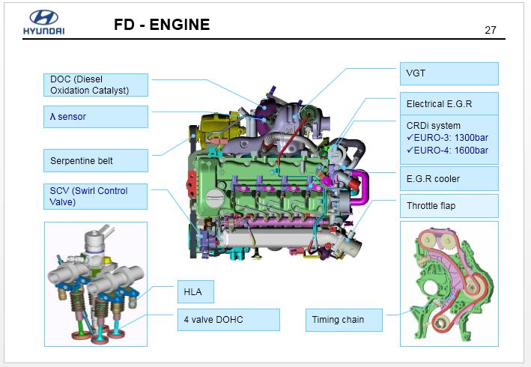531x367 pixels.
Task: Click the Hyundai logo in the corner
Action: (43, 23)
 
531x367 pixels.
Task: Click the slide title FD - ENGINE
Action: (162, 25)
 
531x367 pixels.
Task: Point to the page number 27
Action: (491, 30)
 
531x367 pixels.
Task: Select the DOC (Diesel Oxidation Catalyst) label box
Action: (95, 85)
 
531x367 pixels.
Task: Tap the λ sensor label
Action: (95, 117)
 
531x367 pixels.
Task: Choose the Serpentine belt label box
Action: (95, 160)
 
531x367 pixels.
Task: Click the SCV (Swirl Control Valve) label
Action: (95, 196)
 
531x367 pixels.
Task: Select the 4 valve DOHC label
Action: (228, 320)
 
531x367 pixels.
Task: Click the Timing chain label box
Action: (345, 320)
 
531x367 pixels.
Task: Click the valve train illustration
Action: (96, 285)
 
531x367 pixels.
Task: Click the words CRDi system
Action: (434, 125)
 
